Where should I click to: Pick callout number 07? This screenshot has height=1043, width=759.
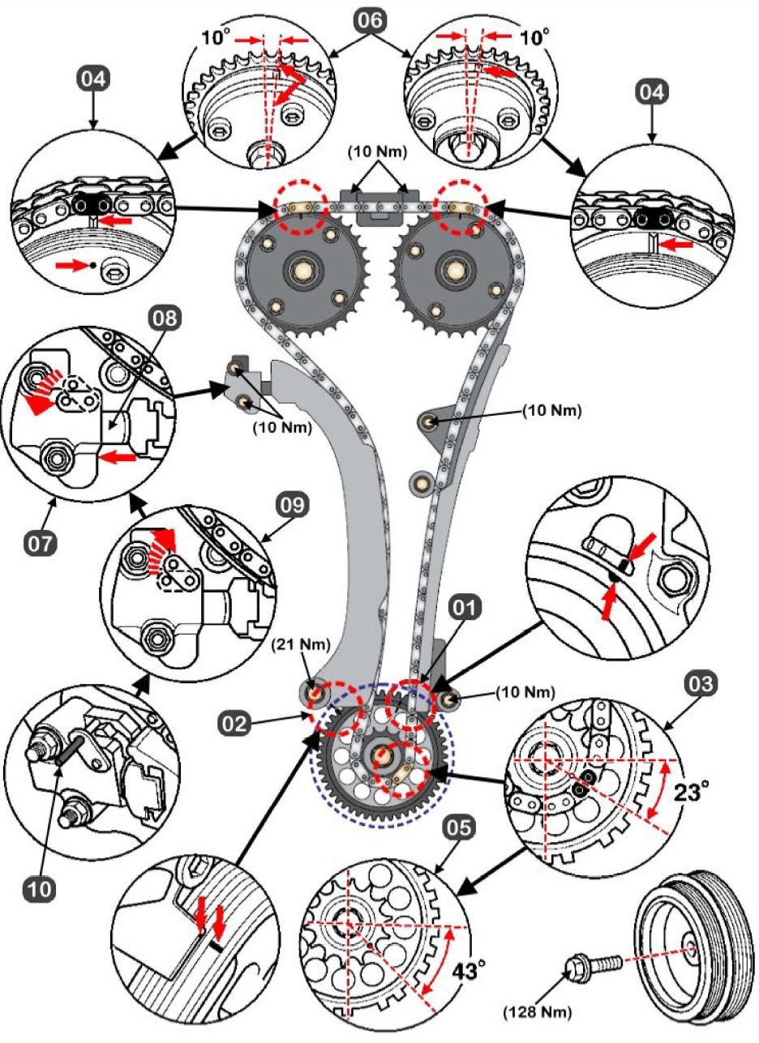point(41,541)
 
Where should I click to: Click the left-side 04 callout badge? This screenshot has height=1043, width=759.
point(93,79)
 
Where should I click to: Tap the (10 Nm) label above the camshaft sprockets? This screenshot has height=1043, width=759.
point(378,152)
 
